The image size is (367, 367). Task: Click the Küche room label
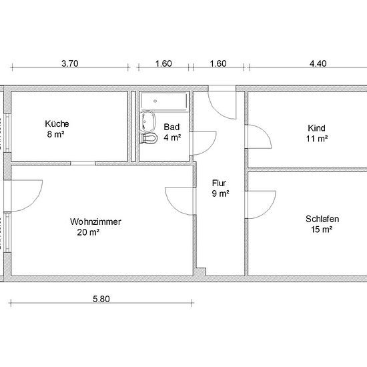tap(57, 123)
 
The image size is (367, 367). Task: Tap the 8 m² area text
tap(55, 134)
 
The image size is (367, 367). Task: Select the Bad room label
tap(171, 127)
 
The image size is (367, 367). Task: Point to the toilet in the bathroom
tap(148, 138)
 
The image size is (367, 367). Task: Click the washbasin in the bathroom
tap(147, 121)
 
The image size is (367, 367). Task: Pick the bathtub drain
tap(155, 101)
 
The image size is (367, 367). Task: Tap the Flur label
tap(219, 183)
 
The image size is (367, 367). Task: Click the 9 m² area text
tap(220, 194)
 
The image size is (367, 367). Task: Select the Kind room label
tap(316, 128)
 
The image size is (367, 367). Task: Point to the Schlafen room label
tap(322, 219)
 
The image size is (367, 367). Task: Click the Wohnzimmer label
tap(95, 222)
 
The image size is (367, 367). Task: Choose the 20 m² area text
tap(88, 232)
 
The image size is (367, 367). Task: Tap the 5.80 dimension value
tap(101, 299)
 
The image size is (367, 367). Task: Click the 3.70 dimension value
tap(70, 63)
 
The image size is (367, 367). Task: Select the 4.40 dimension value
tap(318, 63)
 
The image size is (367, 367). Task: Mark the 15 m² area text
tap(322, 230)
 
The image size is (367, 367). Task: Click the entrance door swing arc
tap(216, 110)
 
